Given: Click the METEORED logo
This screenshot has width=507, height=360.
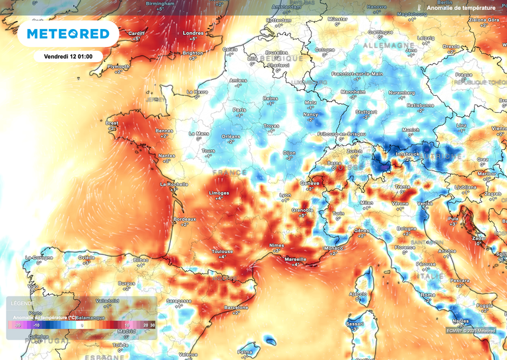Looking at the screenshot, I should [x=68, y=34].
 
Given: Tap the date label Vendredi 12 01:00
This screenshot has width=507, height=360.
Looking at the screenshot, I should [x=68, y=56].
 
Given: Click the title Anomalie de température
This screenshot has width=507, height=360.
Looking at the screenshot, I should [x=461, y=8].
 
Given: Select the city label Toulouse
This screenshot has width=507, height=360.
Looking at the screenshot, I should [x=222, y=252].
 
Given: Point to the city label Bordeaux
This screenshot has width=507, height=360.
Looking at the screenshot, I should [x=184, y=219].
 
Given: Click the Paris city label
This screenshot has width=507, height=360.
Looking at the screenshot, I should [x=239, y=110].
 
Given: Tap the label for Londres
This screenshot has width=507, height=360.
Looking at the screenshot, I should [x=193, y=33].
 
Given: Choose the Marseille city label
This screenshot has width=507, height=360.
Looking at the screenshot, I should [x=295, y=260].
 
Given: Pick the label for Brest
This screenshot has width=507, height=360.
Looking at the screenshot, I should [x=113, y=123].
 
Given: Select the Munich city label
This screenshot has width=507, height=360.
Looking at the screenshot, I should [x=411, y=130].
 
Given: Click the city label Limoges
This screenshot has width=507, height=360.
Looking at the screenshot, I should [x=219, y=194].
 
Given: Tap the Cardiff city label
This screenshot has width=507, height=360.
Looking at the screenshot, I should [x=136, y=33].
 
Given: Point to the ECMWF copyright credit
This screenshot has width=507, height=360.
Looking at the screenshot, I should [x=469, y=330].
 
